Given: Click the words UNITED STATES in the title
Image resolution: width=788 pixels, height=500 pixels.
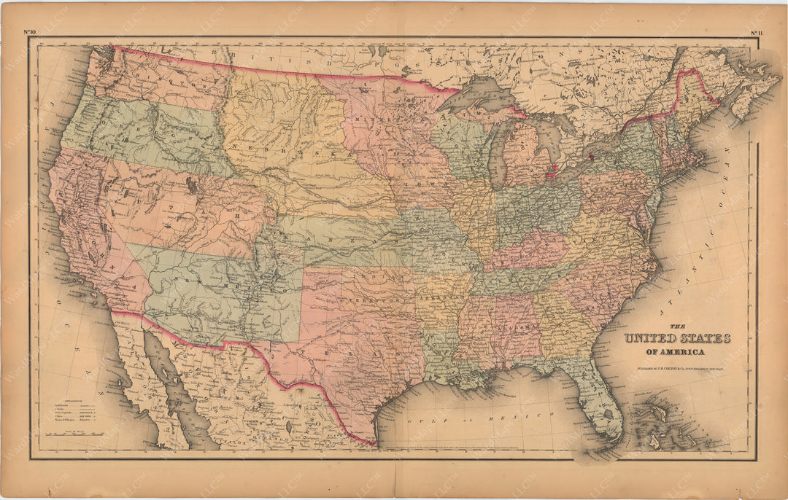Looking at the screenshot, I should pyautogui.click(x=676, y=338).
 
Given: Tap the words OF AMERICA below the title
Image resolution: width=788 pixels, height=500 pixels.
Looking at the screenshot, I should pyautogui.click(x=671, y=352).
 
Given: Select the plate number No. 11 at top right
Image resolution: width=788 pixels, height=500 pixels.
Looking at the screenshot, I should pyautogui.click(x=756, y=31).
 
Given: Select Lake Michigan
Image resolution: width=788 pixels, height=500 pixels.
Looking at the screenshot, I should pyautogui.click(x=499, y=149).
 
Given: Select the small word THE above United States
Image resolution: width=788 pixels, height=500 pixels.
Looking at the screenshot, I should pyautogui.click(x=676, y=325).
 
